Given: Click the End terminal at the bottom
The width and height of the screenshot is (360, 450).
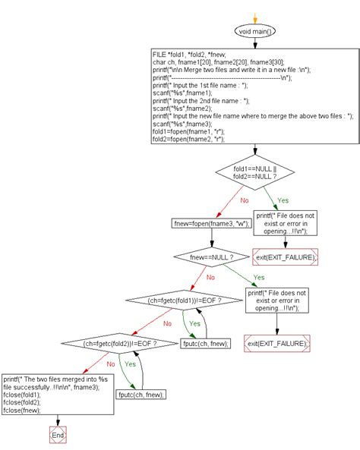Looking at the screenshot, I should (x=57, y=436).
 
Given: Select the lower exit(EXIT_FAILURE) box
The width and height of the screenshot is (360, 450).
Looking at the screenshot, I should (x=277, y=344).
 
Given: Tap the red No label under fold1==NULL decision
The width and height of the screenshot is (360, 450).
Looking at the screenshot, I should (x=245, y=202).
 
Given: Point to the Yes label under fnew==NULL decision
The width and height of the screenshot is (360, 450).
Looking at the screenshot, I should (x=258, y=278).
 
